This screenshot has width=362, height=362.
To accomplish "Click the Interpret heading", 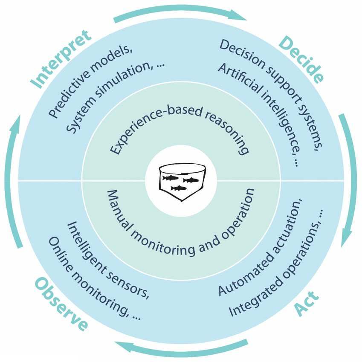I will tap(62, 59).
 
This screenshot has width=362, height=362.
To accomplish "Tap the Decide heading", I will tap(301, 60).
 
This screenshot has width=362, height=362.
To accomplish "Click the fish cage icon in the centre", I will tap(181, 182).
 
